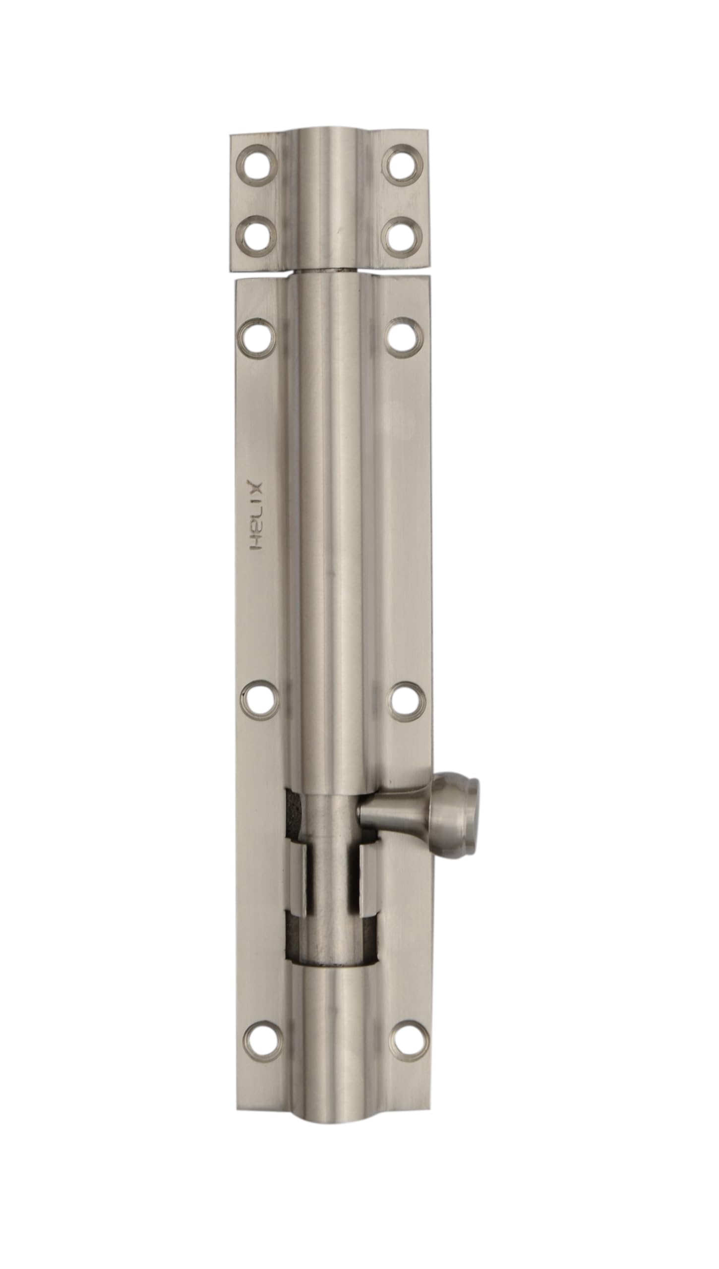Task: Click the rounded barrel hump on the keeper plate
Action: (x=328, y=198)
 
